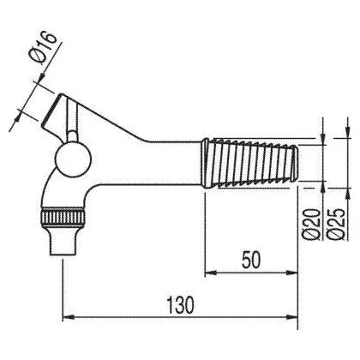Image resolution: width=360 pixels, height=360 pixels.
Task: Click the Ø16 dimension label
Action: tap(45, 47)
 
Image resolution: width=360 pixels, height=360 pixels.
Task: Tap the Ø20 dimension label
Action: tap(310, 225)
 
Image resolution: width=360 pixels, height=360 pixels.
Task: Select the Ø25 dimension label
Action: tap(336, 225)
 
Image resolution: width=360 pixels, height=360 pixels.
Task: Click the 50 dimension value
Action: tap(251, 261)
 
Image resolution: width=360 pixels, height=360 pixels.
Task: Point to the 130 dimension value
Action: tap(180, 305)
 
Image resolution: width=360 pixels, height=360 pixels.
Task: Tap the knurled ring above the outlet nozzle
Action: tap(63, 217)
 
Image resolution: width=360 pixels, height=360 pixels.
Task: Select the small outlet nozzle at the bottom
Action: tap(63, 240)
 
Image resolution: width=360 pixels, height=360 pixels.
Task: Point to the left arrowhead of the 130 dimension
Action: tap(69, 317)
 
